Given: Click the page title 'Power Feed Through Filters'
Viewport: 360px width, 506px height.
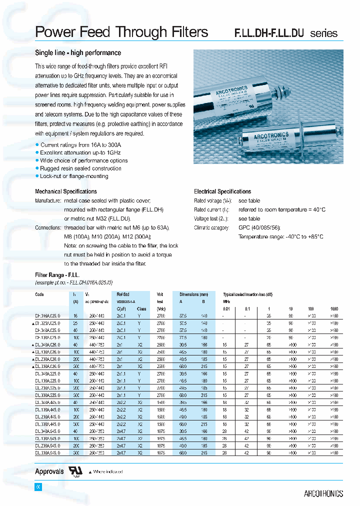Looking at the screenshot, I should [121, 32].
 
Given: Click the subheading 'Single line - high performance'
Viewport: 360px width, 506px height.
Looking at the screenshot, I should [78, 53].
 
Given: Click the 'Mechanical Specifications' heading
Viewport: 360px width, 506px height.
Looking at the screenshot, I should [65, 191].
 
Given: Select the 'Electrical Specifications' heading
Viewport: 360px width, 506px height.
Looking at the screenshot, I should [222, 191].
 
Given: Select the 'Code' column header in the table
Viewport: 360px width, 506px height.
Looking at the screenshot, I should [39, 294].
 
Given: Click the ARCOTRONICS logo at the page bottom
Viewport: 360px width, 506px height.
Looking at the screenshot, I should [323, 493].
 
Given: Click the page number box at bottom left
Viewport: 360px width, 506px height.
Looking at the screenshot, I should [37, 487].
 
